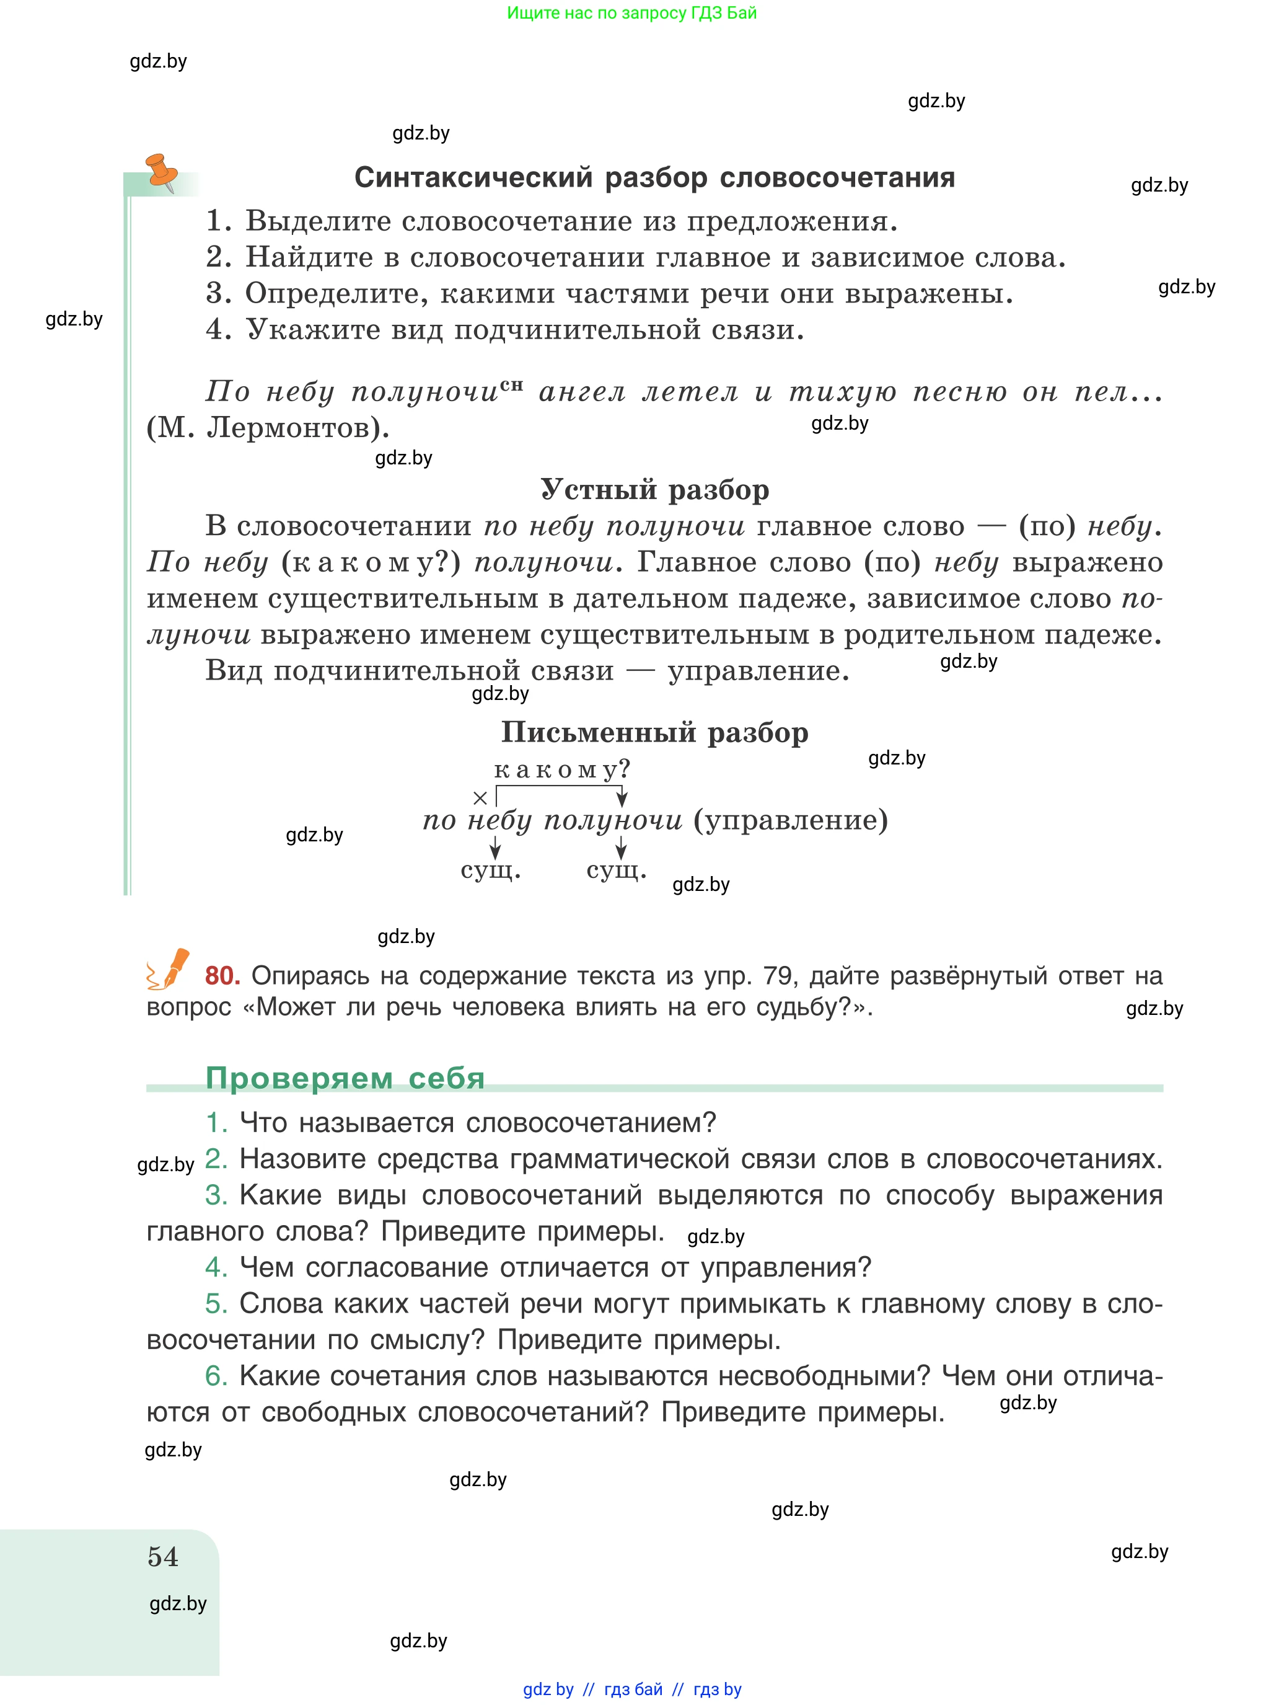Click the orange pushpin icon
(162, 171)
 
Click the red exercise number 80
(222, 976)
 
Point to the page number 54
(162, 1556)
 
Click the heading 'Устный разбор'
(654, 490)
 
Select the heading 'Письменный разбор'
(654, 732)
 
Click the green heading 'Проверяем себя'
(345, 1078)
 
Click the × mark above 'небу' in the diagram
(480, 798)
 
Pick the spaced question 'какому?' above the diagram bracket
(561, 769)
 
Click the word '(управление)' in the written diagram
(791, 820)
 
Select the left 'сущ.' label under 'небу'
(490, 870)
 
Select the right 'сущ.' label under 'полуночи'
(616, 870)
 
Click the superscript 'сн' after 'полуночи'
(512, 385)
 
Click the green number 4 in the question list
(216, 1267)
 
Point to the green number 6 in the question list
(216, 1376)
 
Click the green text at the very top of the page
(631, 13)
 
